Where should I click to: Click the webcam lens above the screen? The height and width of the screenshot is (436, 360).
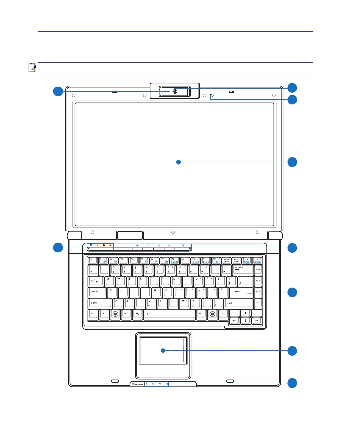(175, 91)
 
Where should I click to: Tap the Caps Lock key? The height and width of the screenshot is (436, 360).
(97, 292)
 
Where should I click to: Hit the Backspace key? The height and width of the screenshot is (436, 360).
(242, 269)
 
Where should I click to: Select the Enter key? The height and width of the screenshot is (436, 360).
(241, 292)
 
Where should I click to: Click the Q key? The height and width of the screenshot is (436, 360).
(110, 281)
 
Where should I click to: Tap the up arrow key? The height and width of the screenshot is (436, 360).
(245, 313)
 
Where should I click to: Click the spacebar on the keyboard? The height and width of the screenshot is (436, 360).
(169, 314)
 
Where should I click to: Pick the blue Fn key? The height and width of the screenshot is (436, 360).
(93, 314)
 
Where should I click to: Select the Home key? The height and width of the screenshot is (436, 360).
(258, 269)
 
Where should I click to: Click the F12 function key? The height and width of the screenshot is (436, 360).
(216, 261)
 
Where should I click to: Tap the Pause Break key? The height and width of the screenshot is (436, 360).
(226, 261)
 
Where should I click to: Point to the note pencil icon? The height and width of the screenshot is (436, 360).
(32, 67)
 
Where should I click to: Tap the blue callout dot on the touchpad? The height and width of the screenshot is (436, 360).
(163, 351)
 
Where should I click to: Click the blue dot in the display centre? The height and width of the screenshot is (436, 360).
(178, 162)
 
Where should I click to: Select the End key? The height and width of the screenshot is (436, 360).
(258, 303)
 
